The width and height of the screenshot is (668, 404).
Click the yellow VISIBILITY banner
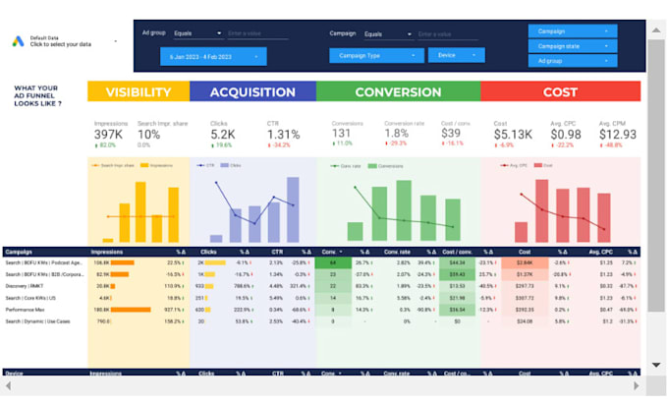tap(138, 92)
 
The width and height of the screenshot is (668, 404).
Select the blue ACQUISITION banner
tap(252, 92)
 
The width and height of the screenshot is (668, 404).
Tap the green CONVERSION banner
tap(398, 92)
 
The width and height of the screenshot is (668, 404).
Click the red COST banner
tap(560, 92)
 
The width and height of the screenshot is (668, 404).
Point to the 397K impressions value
tap(109, 134)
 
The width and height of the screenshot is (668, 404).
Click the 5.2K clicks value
tap(223, 134)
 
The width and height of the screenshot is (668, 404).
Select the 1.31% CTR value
tap(283, 134)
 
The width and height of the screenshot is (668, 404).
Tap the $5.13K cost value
tap(512, 134)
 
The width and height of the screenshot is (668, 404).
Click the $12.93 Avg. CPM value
tap(618, 134)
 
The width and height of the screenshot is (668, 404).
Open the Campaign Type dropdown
tap(376, 55)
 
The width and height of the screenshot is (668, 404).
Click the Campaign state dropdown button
tap(573, 46)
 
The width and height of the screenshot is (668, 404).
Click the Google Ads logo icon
tap(19, 41)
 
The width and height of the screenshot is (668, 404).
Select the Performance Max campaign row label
tap(28, 309)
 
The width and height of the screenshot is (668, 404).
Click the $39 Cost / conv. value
tap(451, 134)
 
